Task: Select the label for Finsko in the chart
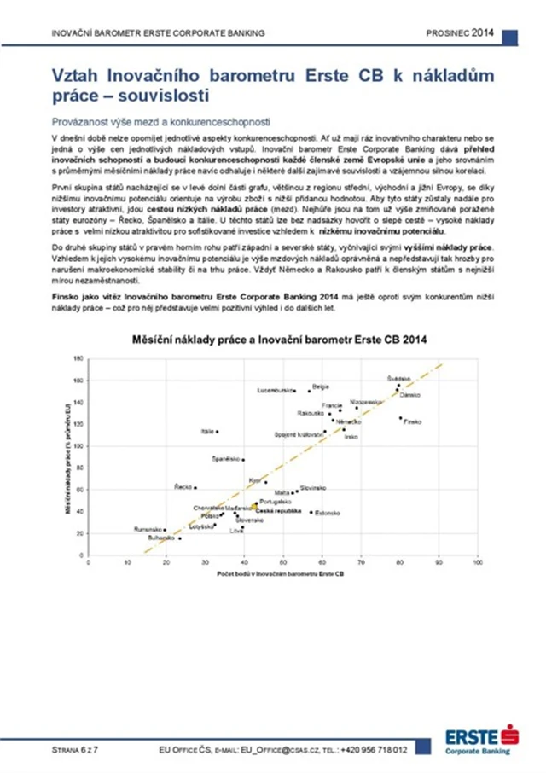click(413, 421)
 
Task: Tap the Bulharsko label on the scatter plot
click(162, 538)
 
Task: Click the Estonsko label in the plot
click(328, 513)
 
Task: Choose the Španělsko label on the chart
click(226, 459)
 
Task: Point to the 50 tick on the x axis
click(283, 563)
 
